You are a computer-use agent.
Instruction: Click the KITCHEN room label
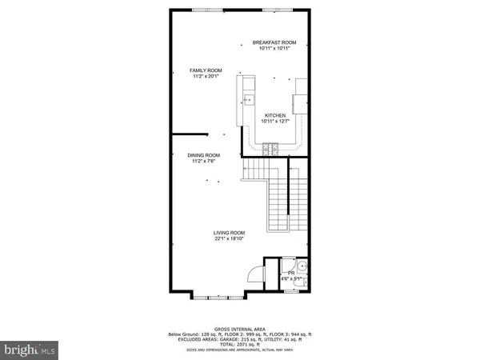tap(274, 115)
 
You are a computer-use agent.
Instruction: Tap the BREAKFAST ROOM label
tap(274, 42)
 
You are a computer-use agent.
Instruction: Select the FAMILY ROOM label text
tap(204, 70)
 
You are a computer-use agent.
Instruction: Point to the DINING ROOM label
tap(204, 155)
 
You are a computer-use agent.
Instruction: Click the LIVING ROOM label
tap(229, 233)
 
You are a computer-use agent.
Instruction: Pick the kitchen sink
tap(248, 101)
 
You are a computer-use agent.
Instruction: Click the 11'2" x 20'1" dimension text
tap(204, 77)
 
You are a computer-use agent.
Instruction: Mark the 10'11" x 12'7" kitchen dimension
tap(274, 122)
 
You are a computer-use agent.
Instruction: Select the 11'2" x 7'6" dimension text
tap(204, 162)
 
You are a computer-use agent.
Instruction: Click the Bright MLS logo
tap(30, 350)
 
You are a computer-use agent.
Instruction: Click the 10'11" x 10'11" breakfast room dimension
tap(274, 49)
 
